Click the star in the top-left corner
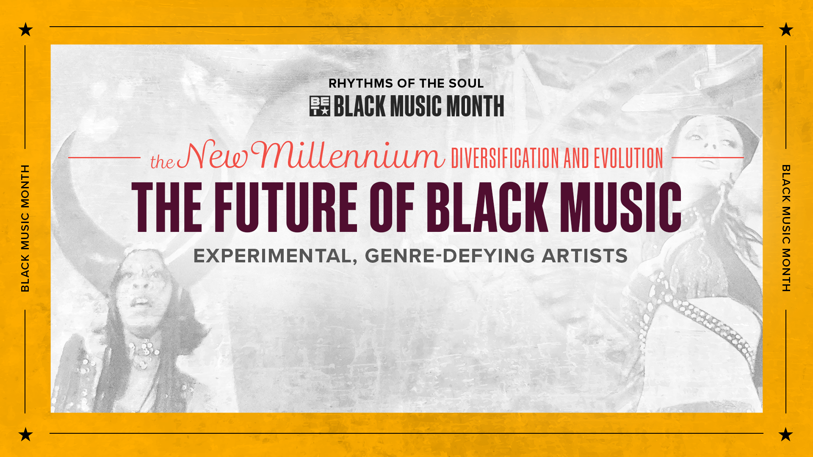26,30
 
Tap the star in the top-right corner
786,30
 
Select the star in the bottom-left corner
26,434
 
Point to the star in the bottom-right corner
786,434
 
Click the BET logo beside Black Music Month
320,106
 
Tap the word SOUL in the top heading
466,83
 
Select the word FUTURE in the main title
286,207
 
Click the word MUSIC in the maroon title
621,207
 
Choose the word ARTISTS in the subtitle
585,256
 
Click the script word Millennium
348,154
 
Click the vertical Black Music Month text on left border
25,228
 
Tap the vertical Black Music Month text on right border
786,228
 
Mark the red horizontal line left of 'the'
104,158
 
